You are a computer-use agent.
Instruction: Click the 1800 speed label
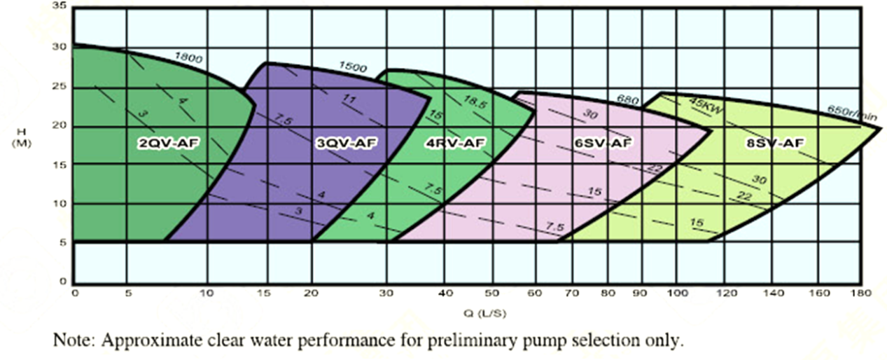tap(188, 58)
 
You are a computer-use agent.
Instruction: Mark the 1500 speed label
tap(354, 67)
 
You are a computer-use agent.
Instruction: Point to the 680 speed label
tap(628, 100)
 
